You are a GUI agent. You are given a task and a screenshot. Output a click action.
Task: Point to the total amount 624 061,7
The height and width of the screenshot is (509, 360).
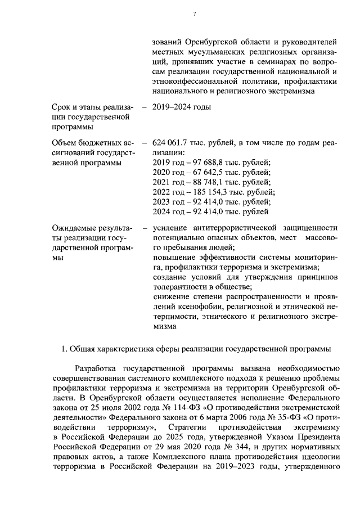174,143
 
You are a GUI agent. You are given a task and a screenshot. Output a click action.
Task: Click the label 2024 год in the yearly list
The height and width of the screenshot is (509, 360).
170,211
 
